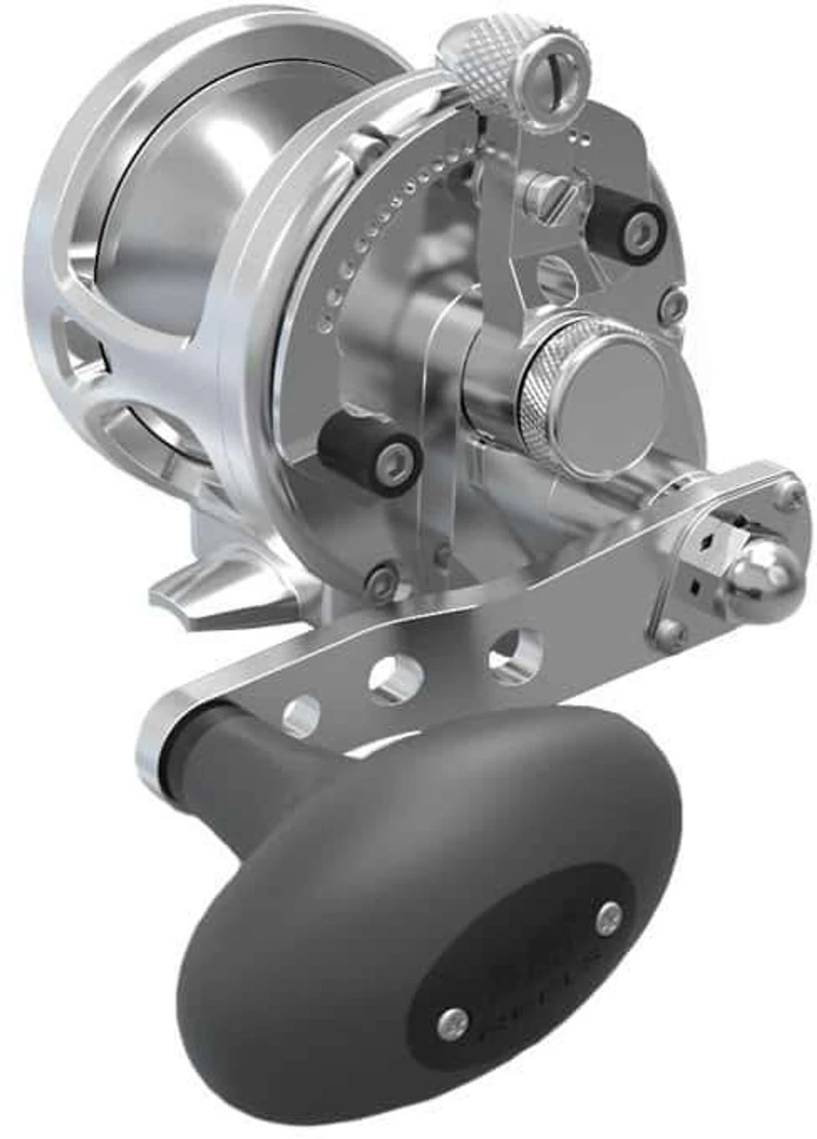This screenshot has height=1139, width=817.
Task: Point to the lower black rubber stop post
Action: (x=371, y=452)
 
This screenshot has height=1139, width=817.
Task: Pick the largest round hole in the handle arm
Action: (x=516, y=657)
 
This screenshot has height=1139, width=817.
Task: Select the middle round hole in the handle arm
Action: (x=396, y=681)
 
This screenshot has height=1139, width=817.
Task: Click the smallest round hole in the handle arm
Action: (x=302, y=715)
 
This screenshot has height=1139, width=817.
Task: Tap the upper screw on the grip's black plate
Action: (x=609, y=918)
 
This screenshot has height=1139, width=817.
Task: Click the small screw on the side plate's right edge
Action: (x=674, y=304)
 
